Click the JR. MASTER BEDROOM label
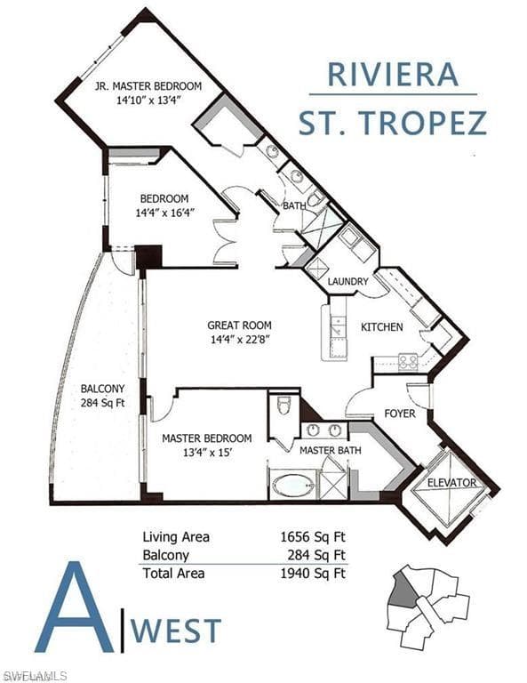click(148, 85)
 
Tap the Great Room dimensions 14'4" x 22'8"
click(241, 340)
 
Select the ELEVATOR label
click(451, 483)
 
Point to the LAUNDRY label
click(347, 281)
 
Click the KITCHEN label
click(381, 326)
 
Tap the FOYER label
click(400, 413)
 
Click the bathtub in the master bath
click(293, 485)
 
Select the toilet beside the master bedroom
click(283, 406)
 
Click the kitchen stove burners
click(408, 362)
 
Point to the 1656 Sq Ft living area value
click(314, 537)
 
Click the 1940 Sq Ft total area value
click(314, 573)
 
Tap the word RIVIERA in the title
click(393, 75)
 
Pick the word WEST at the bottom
click(176, 631)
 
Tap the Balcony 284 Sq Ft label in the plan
click(103, 396)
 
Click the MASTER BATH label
click(331, 450)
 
